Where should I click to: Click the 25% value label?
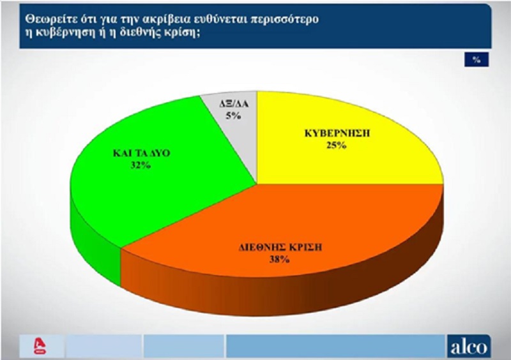point(337,146)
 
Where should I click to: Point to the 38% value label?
point(280,259)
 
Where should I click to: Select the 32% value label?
point(141,165)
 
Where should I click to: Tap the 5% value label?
point(233,116)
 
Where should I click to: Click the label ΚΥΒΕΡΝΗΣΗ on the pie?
point(337,133)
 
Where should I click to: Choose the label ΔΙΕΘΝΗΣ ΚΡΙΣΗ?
point(280,247)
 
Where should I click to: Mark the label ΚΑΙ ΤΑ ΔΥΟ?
point(141,153)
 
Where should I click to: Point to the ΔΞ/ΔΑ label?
point(234,103)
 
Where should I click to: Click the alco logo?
point(469,347)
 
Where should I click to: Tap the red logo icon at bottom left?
point(41,347)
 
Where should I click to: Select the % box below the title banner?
point(477,59)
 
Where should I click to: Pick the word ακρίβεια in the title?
point(169,19)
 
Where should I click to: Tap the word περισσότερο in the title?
point(284,20)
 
